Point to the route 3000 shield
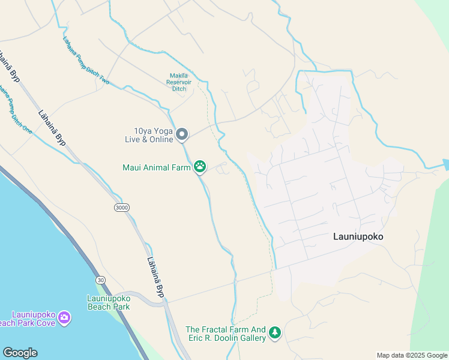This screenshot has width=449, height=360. [121, 207]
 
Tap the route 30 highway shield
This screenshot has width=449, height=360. [100, 280]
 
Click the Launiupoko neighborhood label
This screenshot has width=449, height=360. [358, 236]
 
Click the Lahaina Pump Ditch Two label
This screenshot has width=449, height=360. [86, 60]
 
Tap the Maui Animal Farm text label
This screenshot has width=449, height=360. [157, 167]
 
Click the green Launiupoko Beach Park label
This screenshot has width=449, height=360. [109, 302]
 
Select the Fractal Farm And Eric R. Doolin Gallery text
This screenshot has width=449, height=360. [225, 334]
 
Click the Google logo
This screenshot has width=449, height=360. [20, 353]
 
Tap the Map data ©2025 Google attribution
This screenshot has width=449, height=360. [411, 355]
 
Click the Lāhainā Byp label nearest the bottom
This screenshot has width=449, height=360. [155, 278]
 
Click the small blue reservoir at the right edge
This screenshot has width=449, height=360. [445, 164]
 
